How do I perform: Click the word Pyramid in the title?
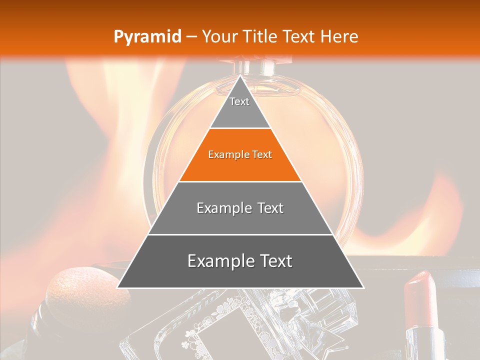point(147,37)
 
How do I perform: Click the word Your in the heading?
point(220,36)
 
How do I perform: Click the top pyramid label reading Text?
point(239,101)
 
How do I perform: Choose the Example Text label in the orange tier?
point(240,154)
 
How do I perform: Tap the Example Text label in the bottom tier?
point(240,261)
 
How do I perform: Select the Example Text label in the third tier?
point(240,208)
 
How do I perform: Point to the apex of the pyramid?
point(240,76)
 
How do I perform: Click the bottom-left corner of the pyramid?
point(118,287)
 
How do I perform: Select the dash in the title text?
point(191,37)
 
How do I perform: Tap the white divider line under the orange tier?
point(240,181)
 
